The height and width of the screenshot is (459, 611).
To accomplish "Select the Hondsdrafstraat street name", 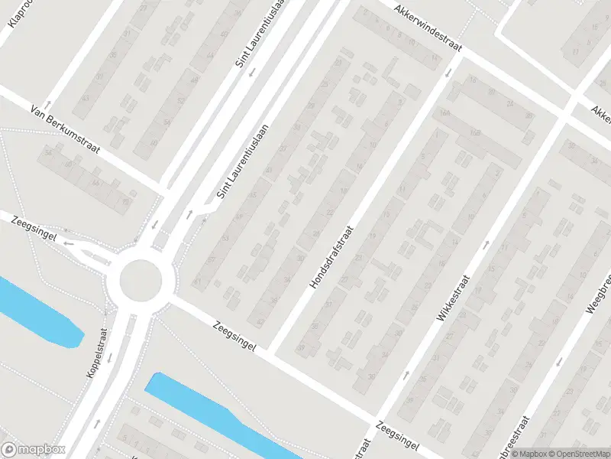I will pos(332,257).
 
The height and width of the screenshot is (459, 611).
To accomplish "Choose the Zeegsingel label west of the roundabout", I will pos(35,229).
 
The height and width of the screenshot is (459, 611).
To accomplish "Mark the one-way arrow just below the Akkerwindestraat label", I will pos(448,72).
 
